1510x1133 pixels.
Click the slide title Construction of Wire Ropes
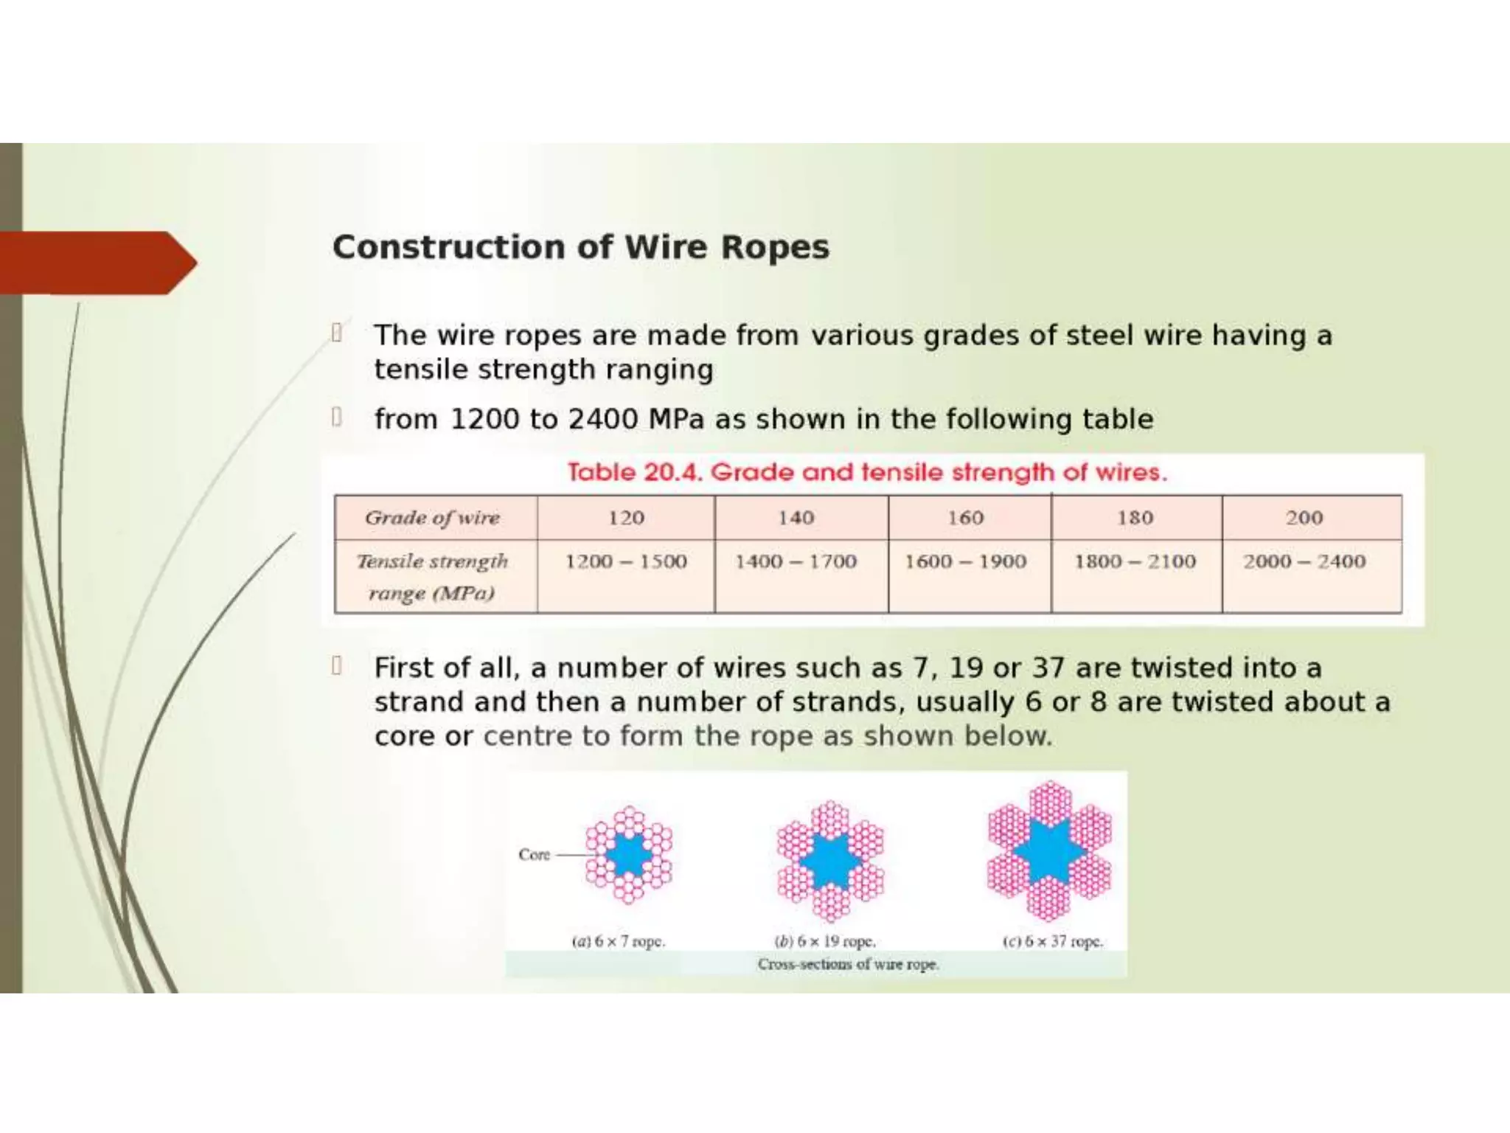[x=580, y=247]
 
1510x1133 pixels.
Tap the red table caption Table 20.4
[x=867, y=472]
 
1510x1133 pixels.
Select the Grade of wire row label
[x=433, y=518]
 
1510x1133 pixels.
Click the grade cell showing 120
[x=626, y=518]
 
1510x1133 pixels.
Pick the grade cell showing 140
[x=796, y=518]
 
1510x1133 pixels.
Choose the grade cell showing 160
[x=965, y=518]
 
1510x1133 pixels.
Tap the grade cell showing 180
[x=1135, y=518]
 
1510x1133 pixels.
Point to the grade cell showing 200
[x=1304, y=518]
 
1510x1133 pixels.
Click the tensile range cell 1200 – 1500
[x=626, y=562]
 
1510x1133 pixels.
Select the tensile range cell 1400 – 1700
[x=796, y=562]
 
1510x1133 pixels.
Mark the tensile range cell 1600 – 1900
[x=965, y=562]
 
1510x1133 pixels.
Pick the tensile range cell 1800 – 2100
[x=1135, y=562]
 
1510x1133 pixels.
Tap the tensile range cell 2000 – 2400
[x=1304, y=562]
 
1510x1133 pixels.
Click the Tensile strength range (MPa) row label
[x=433, y=577]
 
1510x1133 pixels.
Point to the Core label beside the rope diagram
[x=534, y=855]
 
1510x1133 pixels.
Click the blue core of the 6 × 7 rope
[x=629, y=855]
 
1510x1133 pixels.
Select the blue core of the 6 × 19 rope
[x=831, y=860]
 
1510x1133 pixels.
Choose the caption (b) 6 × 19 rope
[x=824, y=942]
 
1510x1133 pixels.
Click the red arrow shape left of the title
[x=96, y=263]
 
